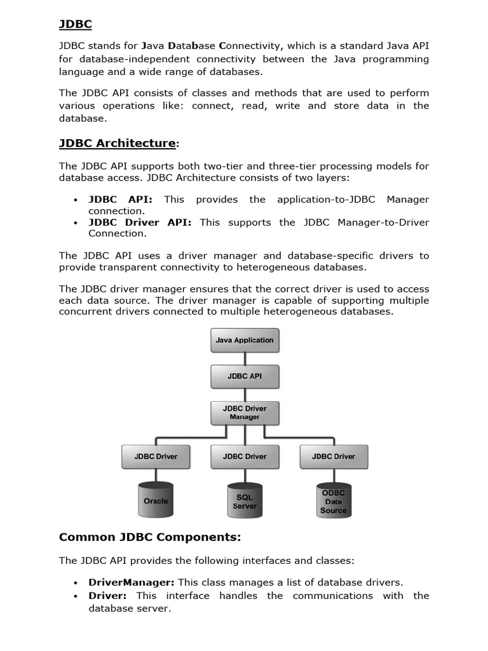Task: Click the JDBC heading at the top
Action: (x=76, y=24)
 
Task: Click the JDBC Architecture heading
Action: (x=118, y=143)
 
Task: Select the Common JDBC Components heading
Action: (x=150, y=537)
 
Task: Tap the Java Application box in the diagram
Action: (x=245, y=340)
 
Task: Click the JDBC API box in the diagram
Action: (x=245, y=376)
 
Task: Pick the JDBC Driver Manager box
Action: (x=245, y=413)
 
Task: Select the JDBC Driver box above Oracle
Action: (x=156, y=456)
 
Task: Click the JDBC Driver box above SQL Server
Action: (x=245, y=456)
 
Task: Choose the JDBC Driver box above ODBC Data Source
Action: (x=334, y=456)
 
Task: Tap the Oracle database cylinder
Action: (x=156, y=500)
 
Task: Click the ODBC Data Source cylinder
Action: (x=334, y=501)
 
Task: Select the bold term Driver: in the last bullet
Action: (x=107, y=596)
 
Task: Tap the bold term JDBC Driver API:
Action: (x=143, y=222)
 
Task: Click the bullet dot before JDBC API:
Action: (x=76, y=200)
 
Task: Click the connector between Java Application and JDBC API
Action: (x=245, y=358)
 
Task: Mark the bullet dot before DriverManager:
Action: (x=76, y=583)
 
